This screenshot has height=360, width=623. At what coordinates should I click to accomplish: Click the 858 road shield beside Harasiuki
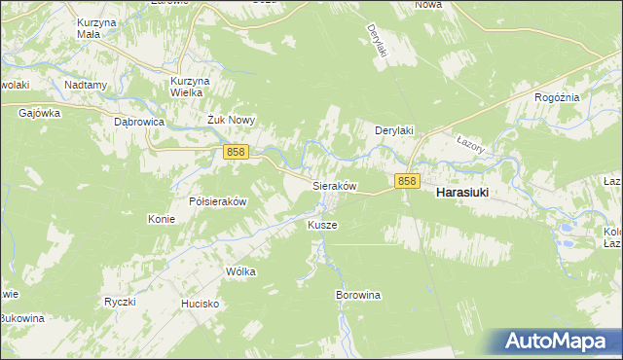[407, 181]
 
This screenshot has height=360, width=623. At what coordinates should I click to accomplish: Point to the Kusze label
[322, 225]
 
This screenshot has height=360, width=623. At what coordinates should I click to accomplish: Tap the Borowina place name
[357, 294]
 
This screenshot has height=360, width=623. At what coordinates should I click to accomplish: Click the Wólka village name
[240, 271]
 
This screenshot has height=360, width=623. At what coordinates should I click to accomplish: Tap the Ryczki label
[119, 302]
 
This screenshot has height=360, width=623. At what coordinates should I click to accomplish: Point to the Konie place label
[162, 219]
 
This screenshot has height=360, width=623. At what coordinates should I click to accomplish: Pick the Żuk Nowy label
[231, 121]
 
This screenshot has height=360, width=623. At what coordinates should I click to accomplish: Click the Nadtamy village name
[86, 85]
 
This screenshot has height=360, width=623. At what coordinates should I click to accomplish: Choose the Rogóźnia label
[558, 97]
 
